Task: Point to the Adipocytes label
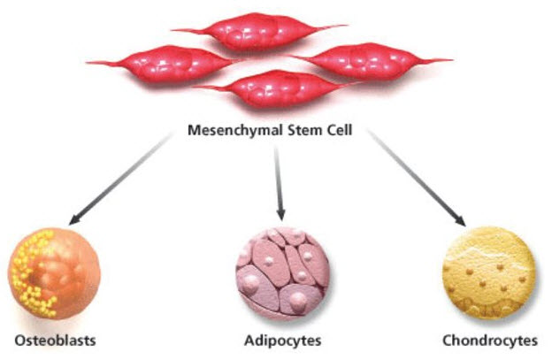(281, 340)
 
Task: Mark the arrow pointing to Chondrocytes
(416, 178)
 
